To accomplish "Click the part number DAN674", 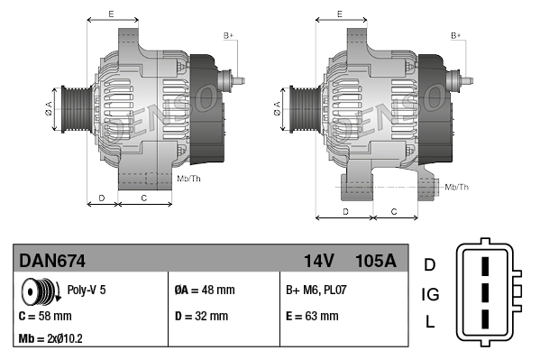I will point(52,261).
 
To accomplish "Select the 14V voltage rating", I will point(319,261).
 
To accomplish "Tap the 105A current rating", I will point(376,261).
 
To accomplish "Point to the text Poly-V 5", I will point(87,291).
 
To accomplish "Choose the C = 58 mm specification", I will point(45,316).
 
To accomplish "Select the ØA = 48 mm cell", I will point(204,291).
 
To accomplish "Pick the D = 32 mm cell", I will point(200,316).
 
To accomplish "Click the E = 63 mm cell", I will point(312,316).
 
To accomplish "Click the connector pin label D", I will point(430,264).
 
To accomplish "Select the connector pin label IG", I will point(430,294).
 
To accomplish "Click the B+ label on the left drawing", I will point(228,35).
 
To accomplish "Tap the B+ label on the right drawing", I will point(456,35).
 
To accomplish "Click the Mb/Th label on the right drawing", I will point(456,187).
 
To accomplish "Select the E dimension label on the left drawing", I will point(110,14).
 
